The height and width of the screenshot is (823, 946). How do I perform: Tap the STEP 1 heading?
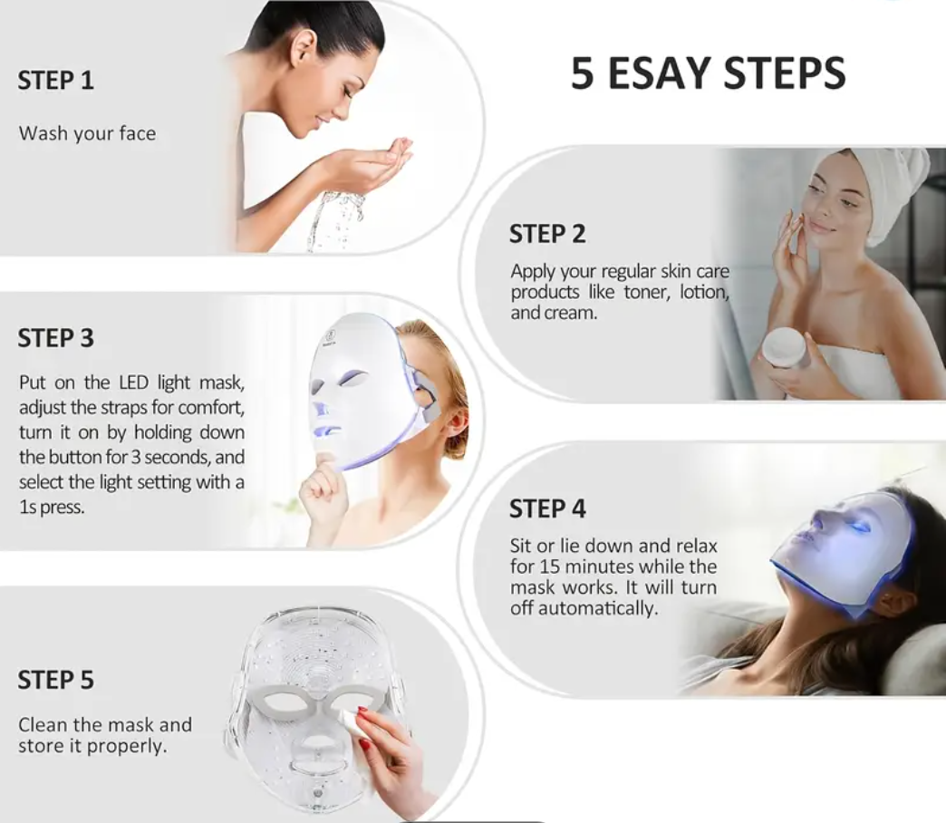coord(55,81)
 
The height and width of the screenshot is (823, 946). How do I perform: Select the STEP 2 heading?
coord(547,234)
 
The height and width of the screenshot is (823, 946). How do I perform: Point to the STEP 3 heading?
coord(55,338)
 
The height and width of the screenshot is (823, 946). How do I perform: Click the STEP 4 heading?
coord(547,508)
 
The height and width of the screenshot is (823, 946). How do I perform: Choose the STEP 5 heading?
coord(55,680)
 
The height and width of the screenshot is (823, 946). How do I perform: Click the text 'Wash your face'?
coord(88,133)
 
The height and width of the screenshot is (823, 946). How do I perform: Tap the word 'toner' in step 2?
coord(646,292)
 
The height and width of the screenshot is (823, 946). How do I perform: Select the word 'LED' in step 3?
coord(133,382)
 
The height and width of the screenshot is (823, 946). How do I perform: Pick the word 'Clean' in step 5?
coord(42,724)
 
